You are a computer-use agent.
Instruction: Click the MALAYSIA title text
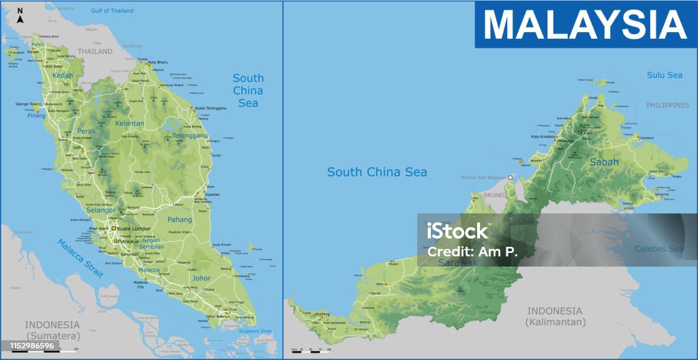tap(584, 25)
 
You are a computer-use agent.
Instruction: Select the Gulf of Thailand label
tap(112, 11)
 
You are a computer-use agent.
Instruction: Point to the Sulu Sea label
tap(664, 75)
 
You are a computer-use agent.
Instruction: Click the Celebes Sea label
tap(658, 249)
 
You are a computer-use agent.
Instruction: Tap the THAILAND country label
tap(95, 51)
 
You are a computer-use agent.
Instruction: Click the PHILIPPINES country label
tap(668, 105)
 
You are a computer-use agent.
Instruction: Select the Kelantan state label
tap(130, 123)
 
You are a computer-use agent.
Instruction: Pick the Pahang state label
tap(180, 220)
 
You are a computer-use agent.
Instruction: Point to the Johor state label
tap(202, 278)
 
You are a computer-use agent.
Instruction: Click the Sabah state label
tap(604, 162)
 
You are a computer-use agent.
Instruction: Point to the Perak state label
tap(87, 131)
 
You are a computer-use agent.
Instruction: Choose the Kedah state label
tap(62, 75)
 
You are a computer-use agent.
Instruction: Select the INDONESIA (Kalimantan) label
tap(556, 316)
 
